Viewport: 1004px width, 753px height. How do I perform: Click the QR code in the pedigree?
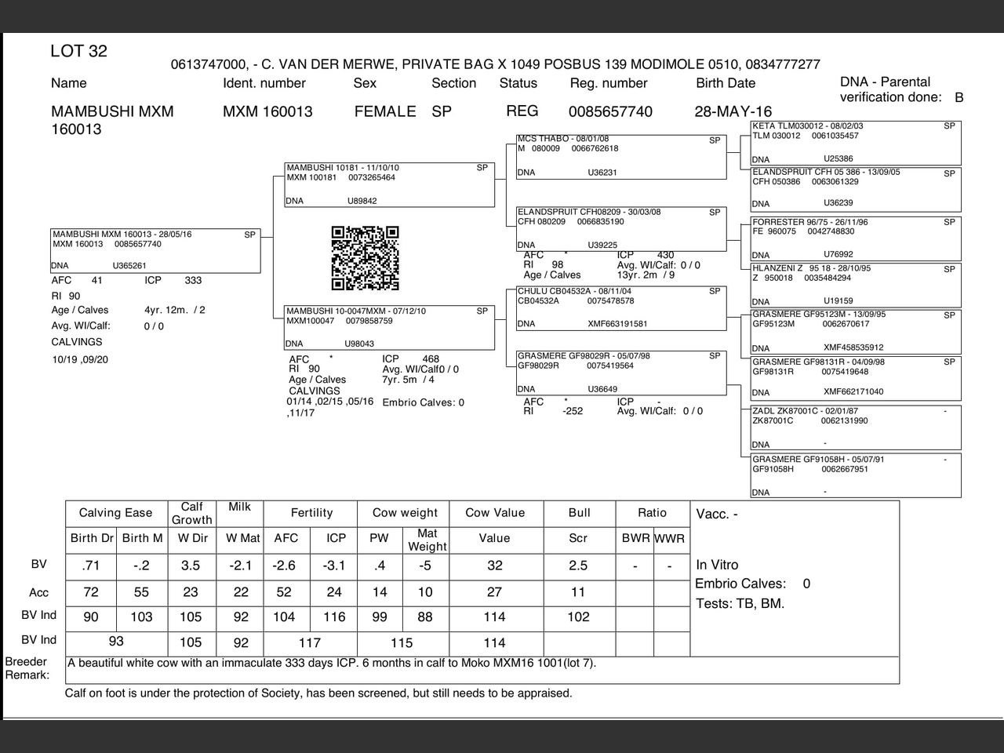(365, 258)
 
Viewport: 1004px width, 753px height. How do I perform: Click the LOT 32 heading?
(78, 52)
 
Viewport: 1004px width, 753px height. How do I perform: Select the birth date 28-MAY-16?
(733, 111)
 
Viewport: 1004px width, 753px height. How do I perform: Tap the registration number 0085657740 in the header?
(610, 111)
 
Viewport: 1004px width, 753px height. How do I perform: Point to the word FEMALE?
(385, 111)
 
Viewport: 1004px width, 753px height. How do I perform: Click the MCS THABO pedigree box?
(621, 156)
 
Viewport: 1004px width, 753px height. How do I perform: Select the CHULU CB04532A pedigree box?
(621, 308)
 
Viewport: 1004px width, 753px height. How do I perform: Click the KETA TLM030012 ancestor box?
(855, 143)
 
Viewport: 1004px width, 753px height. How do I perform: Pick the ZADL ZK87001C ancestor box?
(855, 427)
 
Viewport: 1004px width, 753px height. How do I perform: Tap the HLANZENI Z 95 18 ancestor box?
(855, 285)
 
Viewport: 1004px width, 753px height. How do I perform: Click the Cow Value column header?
(495, 513)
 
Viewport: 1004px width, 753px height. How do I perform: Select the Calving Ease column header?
(116, 513)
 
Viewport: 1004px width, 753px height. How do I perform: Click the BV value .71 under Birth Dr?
(91, 566)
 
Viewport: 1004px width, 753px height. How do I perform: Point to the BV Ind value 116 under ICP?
(335, 617)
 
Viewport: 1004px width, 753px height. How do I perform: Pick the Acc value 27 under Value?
(495, 592)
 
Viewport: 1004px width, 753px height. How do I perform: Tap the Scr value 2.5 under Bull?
(579, 566)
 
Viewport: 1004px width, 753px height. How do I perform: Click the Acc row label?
(39, 592)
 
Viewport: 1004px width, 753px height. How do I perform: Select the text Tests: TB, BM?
(740, 604)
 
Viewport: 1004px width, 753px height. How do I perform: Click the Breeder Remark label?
(27, 668)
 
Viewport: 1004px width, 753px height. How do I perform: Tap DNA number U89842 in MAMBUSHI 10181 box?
(362, 202)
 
